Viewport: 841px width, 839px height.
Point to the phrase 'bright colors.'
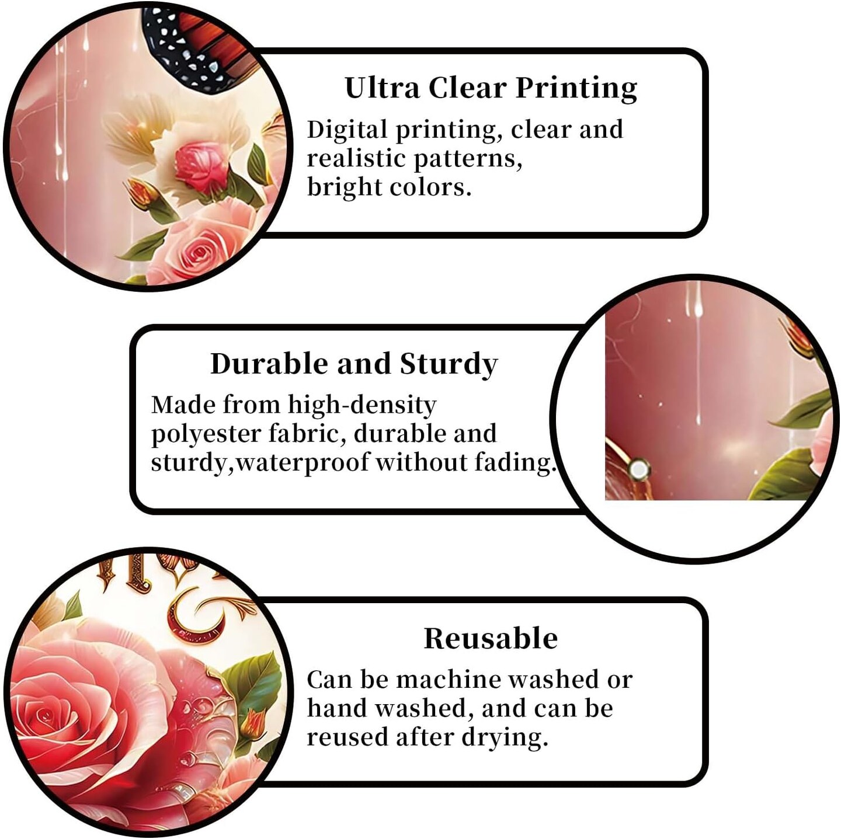pos(389,187)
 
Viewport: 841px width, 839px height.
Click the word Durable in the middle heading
pos(269,364)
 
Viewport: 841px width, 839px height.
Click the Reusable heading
pos(491,638)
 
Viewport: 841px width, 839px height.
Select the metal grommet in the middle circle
pos(638,469)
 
